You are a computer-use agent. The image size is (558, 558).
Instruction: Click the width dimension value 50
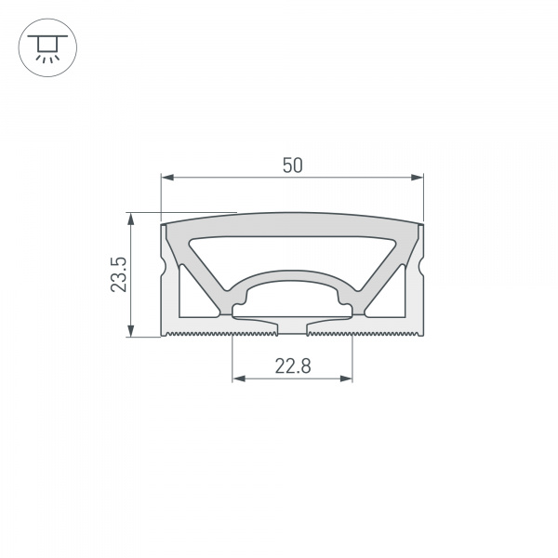tap(292, 165)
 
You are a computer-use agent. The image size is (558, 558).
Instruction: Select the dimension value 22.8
tap(292, 365)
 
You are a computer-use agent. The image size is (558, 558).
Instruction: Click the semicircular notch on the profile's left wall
tap(166, 269)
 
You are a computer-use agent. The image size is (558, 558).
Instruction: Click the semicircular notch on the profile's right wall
tap(419, 269)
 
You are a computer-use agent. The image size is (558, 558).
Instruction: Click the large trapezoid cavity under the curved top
tap(292, 251)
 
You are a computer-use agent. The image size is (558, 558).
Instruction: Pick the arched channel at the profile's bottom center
tap(292, 298)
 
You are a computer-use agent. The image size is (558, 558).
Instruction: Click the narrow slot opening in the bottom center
tap(292, 325)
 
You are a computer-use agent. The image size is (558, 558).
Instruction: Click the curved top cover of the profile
tap(292, 220)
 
